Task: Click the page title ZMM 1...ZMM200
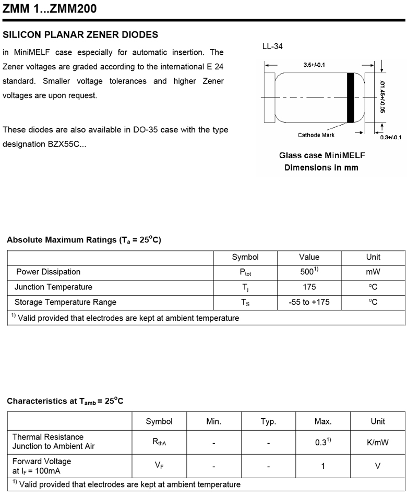point(49,9)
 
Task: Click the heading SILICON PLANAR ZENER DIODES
point(80,35)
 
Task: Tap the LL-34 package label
point(272,47)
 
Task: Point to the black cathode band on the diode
point(350,98)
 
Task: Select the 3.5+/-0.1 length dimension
point(314,65)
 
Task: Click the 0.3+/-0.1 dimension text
point(390,137)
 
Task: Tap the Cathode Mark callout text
point(316,135)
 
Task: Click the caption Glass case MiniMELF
point(322,155)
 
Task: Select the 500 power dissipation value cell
point(309,272)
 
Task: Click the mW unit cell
point(373,272)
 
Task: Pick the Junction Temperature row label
point(53,287)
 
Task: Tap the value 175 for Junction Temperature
point(309,287)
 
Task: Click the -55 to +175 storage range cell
point(309,302)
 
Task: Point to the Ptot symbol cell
point(245,272)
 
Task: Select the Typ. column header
point(268,421)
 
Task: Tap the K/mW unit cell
point(378,442)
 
